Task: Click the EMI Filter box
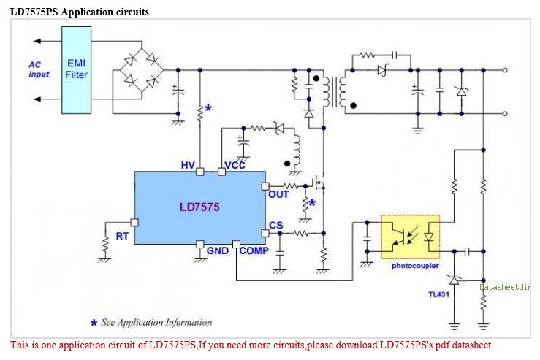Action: tap(77, 69)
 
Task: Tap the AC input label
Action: tap(39, 69)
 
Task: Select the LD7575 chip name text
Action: tap(199, 207)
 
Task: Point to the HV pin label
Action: tap(189, 166)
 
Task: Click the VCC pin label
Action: tap(235, 166)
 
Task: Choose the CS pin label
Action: tap(275, 225)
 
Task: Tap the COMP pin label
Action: tap(254, 250)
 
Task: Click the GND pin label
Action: tap(218, 250)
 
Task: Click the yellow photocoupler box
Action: tap(410, 237)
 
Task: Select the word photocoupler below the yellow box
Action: tap(414, 266)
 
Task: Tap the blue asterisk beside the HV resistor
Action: tap(208, 109)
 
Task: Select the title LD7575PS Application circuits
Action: tap(79, 11)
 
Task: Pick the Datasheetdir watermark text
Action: tap(509, 287)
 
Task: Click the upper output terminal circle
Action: tap(506, 70)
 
